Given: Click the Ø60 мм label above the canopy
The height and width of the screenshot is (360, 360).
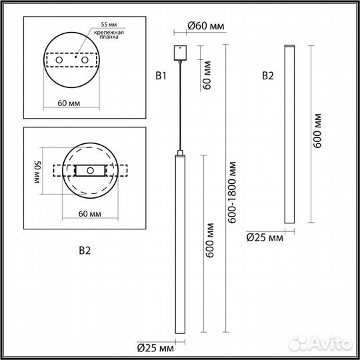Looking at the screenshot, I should click(205, 26).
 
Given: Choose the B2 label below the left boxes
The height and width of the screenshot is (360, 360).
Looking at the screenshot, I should click(85, 251).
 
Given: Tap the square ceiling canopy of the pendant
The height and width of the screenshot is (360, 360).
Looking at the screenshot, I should click(180, 52).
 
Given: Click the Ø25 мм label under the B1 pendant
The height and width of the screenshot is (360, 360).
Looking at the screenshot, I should click(155, 347).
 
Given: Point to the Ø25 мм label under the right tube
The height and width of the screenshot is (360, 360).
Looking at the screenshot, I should click(265, 237).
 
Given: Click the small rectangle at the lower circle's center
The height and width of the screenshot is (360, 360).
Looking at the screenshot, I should click(89, 171).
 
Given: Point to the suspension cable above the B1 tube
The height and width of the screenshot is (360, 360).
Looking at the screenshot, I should click(180, 107).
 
